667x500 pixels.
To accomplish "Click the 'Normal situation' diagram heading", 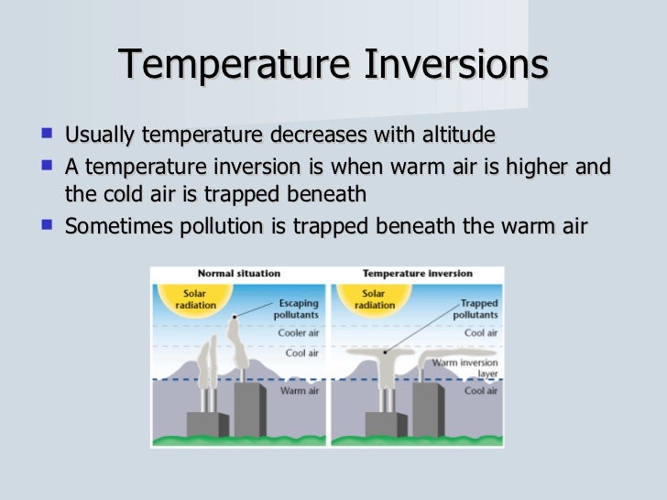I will [x=238, y=274].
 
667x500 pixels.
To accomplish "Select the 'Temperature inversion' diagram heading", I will [x=416, y=274].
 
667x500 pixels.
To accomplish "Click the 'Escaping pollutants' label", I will [x=297, y=308].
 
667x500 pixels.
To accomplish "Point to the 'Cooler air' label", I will [x=298, y=332].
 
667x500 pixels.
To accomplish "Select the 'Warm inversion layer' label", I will [x=465, y=368].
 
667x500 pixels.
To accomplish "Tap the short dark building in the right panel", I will [x=386, y=423].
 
